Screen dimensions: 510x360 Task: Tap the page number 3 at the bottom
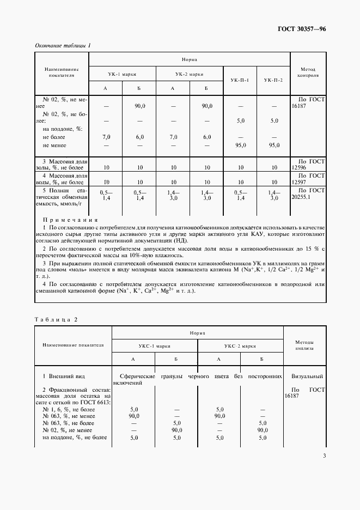[x=324, y=456]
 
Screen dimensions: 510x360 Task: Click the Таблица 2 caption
[x=56, y=319]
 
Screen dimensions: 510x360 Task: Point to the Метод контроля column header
[x=308, y=73]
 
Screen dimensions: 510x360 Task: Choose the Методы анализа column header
[x=304, y=345]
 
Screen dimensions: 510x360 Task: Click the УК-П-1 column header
[x=240, y=80]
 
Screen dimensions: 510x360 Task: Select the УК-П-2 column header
[x=273, y=80]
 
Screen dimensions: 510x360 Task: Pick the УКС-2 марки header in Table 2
[x=240, y=345]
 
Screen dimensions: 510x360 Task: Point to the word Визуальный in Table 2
[x=307, y=376]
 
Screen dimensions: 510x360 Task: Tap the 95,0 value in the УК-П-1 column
[x=240, y=145]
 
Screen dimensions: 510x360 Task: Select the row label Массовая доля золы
[x=61, y=166]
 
